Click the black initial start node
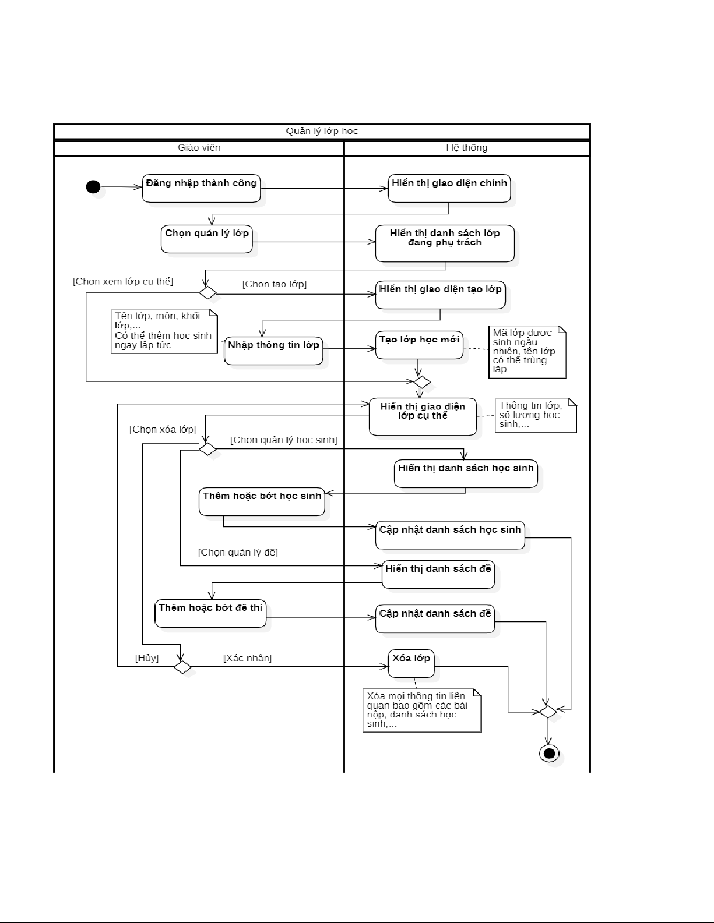pyautogui.click(x=93, y=187)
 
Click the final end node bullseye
pyautogui.click(x=548, y=754)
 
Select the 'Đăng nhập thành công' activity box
pyautogui.click(x=201, y=188)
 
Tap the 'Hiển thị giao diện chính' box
pyautogui.click(x=449, y=188)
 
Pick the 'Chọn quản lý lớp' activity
pyautogui.click(x=207, y=239)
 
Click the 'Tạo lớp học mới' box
pyautogui.click(x=419, y=345)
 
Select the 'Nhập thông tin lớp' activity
pyautogui.click(x=273, y=351)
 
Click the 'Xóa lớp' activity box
pyautogui.click(x=411, y=663)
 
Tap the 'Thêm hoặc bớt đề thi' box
pyautogui.click(x=210, y=613)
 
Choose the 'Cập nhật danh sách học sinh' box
pyautogui.click(x=450, y=535)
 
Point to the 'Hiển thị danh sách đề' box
pyautogui.click(x=438, y=574)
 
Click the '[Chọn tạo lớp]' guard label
pyautogui.click(x=275, y=284)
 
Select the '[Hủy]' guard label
pyautogui.click(x=147, y=658)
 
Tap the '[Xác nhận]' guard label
pyautogui.click(x=248, y=658)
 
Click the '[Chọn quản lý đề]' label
pyautogui.click(x=238, y=552)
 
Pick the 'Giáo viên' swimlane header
pyautogui.click(x=199, y=148)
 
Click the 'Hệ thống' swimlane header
pyautogui.click(x=467, y=148)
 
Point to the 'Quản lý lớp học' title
pyautogui.click(x=322, y=132)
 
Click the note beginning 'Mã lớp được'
pyautogui.click(x=527, y=351)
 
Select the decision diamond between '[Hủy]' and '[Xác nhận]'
pyautogui.click(x=182, y=667)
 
